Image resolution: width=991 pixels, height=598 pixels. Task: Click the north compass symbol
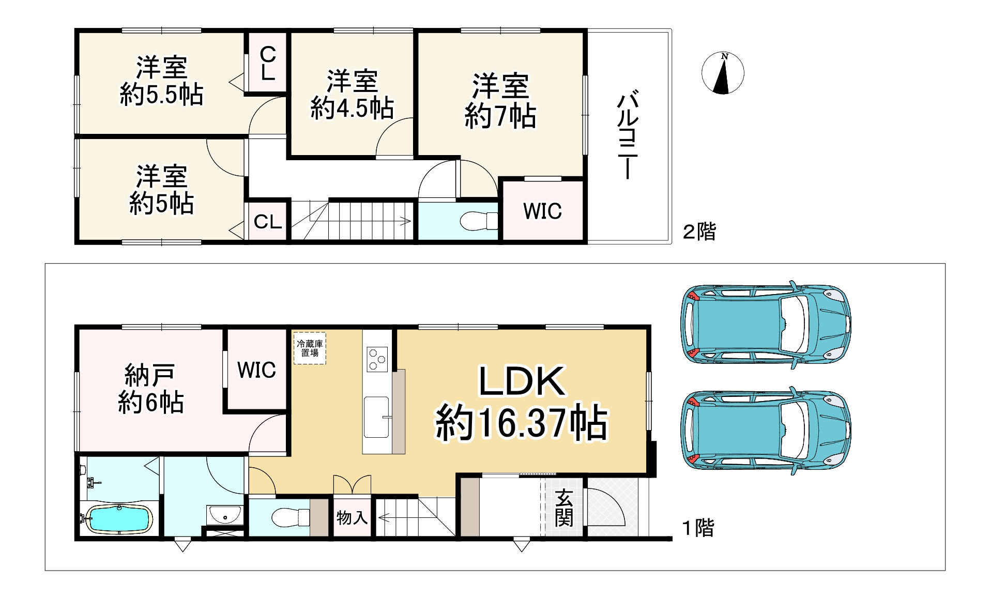(723, 73)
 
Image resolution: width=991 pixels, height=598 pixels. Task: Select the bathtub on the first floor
(119, 519)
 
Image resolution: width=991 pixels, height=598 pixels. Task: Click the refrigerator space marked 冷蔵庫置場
(310, 348)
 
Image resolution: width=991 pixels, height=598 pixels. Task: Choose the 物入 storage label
(352, 517)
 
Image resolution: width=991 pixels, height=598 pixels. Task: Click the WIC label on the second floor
(542, 211)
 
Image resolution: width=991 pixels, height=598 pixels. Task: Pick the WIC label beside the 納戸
(256, 370)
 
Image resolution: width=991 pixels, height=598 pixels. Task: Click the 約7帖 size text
(500, 116)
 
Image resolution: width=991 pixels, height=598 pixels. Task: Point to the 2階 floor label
(699, 231)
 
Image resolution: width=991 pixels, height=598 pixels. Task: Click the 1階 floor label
(698, 528)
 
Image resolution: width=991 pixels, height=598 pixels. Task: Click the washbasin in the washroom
(224, 515)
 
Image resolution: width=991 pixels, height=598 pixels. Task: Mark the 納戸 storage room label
(150, 375)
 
